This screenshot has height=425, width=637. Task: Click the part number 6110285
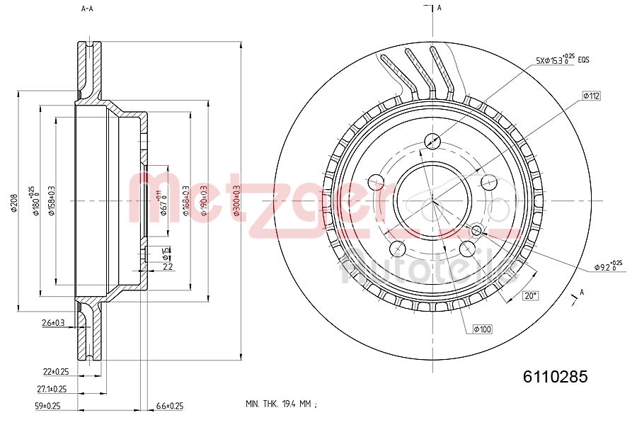click(x=554, y=378)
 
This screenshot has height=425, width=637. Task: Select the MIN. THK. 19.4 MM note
click(x=280, y=404)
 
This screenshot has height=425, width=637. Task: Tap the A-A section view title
click(x=87, y=9)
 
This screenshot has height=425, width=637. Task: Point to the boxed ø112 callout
click(x=591, y=95)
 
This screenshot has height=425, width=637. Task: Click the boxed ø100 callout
click(x=482, y=329)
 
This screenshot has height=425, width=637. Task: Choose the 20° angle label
click(x=529, y=295)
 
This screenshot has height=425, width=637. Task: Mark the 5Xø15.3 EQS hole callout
click(x=563, y=59)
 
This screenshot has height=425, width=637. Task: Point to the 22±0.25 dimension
click(x=55, y=371)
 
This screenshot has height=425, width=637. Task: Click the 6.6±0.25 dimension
click(x=169, y=406)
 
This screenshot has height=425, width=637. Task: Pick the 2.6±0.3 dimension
click(x=53, y=323)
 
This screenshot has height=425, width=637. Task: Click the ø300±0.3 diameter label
click(x=236, y=200)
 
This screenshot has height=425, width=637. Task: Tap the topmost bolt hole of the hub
click(x=432, y=140)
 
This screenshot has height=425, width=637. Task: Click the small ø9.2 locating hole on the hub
click(x=476, y=230)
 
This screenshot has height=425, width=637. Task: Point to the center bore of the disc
click(x=432, y=200)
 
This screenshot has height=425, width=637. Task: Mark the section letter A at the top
click(x=439, y=8)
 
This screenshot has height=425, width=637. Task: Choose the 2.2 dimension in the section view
click(x=168, y=267)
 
